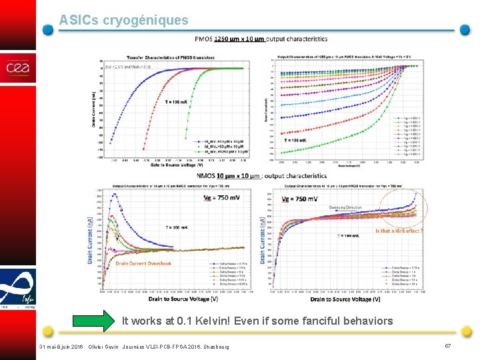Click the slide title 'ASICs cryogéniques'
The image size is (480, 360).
[123, 21]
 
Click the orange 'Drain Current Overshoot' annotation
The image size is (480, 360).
[143, 263]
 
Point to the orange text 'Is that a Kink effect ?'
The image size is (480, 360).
[399, 231]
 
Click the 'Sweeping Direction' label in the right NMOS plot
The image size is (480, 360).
[345, 208]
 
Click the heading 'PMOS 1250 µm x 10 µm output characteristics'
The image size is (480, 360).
[261, 39]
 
